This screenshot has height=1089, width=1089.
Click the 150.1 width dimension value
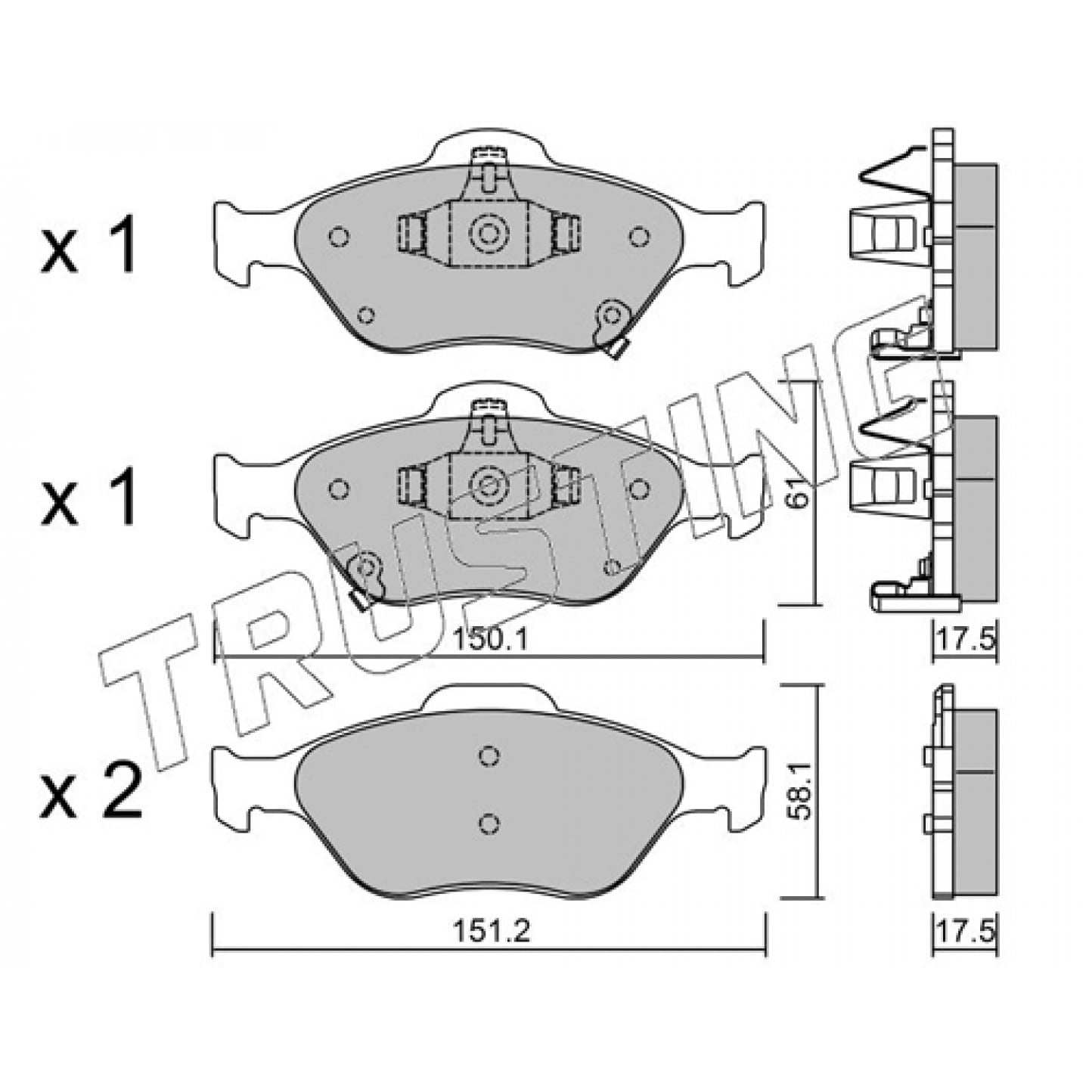click(x=491, y=641)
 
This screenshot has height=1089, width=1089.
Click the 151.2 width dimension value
click(x=491, y=932)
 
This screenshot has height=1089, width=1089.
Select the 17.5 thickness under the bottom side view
click(x=965, y=932)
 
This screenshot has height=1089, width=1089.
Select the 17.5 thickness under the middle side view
click(x=965, y=641)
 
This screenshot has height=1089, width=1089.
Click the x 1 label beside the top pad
click(x=88, y=244)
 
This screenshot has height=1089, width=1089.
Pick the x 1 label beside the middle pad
click(x=88, y=496)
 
